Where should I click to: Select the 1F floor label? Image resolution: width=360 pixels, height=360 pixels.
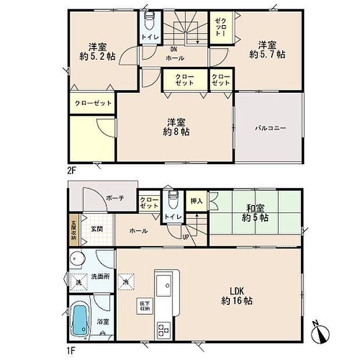(x=72, y=350)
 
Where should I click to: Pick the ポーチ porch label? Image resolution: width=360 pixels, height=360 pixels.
(x=114, y=198)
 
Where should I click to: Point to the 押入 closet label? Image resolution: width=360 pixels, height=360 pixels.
(x=196, y=201)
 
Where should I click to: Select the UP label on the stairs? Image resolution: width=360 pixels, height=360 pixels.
(x=186, y=236)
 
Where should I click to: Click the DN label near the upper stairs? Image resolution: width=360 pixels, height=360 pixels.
(x=174, y=49)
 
